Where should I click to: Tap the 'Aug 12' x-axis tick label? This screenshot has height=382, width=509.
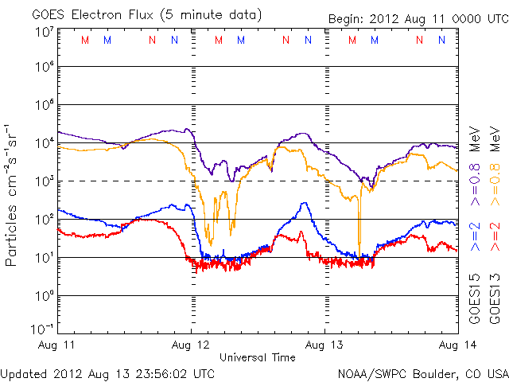(191, 344)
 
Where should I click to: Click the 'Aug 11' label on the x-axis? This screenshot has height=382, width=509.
(58, 344)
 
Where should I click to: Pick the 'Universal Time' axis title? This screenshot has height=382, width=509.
(258, 357)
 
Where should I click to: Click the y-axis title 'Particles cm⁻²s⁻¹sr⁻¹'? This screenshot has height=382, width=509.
(14, 194)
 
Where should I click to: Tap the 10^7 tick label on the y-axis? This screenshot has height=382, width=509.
(44, 32)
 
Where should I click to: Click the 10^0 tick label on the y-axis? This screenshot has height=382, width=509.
(44, 296)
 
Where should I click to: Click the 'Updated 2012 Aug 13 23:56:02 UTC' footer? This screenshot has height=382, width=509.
(107, 373)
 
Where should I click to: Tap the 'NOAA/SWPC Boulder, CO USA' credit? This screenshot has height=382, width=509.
(422, 373)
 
